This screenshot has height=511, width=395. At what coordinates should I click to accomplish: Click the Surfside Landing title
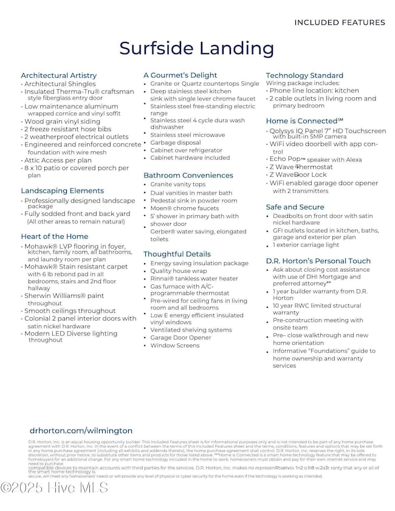pos(196,48)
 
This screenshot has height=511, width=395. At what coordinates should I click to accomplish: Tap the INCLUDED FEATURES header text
pos(339,22)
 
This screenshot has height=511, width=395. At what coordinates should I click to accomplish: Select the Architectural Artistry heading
pos(58,75)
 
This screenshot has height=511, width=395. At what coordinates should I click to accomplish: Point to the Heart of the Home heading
pos(54,236)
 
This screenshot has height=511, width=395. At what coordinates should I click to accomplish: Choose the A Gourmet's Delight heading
pos(180,75)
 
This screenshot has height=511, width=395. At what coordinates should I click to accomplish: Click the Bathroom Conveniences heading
pos(188,175)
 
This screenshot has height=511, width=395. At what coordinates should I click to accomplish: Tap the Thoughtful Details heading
pos(177,254)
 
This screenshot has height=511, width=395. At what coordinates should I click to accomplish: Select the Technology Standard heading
pos(304,75)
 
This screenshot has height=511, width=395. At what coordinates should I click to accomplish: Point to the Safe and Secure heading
pos(295,207)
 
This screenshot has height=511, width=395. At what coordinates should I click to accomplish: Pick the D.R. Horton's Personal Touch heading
pos(318,261)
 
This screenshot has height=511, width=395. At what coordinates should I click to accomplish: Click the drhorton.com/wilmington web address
pos(80,430)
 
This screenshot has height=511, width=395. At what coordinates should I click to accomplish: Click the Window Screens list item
pos(175,345)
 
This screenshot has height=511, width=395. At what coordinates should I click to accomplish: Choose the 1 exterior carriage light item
pos(306,245)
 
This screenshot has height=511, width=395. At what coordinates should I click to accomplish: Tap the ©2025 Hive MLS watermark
pos(54,488)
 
